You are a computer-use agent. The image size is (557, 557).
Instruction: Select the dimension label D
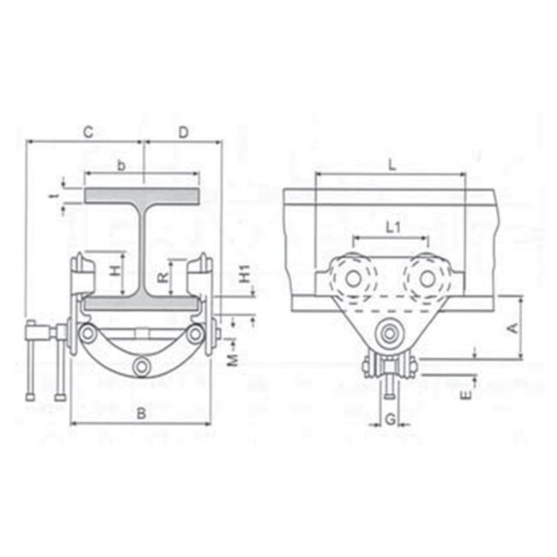[183, 132]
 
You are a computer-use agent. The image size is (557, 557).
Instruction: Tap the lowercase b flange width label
[123, 163]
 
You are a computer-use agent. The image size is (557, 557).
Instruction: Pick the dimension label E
[465, 396]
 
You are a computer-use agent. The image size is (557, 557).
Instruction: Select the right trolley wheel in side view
[426, 279]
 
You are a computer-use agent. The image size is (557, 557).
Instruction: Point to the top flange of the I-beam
[142, 196]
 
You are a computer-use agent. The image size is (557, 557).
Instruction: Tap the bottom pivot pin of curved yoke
[141, 368]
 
